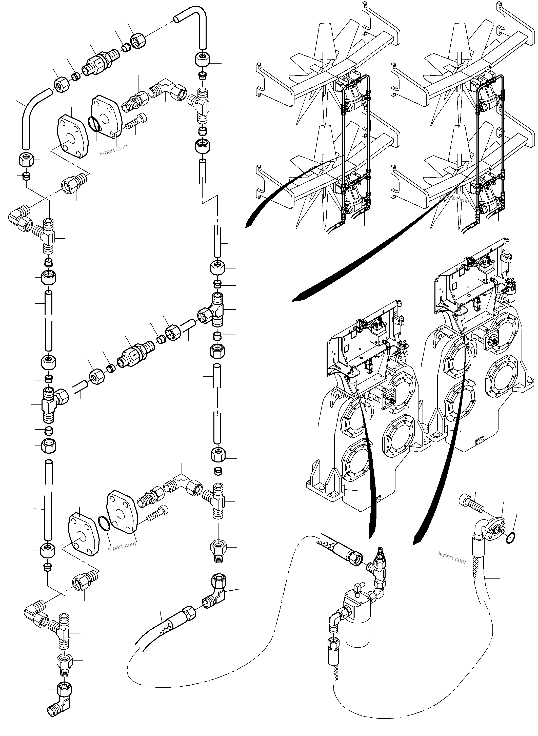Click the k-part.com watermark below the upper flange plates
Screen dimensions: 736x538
point(113,150)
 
